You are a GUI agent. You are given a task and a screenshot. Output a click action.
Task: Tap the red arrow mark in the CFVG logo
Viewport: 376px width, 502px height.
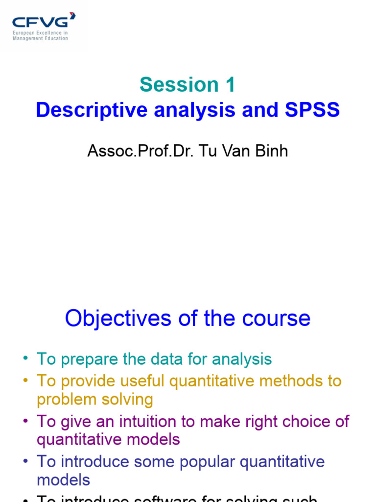(x=72, y=16)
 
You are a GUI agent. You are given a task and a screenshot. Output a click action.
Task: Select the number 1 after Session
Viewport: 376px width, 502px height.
(x=230, y=85)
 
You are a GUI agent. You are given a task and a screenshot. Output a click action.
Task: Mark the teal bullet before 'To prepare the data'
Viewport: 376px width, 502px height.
(x=25, y=358)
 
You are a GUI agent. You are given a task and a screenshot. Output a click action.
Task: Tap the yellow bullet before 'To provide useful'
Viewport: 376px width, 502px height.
(x=25, y=380)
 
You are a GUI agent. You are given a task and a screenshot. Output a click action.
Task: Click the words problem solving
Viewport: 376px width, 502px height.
(x=94, y=399)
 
